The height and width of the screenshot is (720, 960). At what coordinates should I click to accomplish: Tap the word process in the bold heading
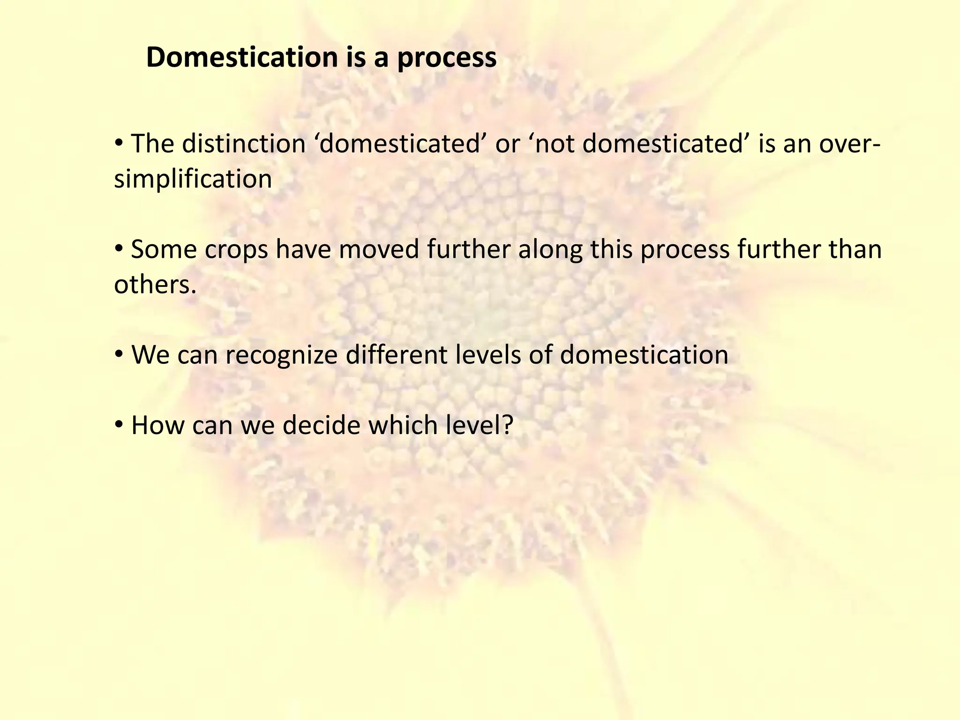click(447, 59)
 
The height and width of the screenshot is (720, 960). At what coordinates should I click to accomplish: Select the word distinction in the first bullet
click(244, 143)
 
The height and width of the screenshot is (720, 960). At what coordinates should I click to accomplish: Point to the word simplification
click(193, 179)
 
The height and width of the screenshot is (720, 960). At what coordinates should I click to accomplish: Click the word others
click(155, 285)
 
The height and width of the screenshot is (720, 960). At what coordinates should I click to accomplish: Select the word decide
click(321, 425)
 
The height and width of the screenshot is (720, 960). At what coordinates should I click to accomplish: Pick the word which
click(399, 425)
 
